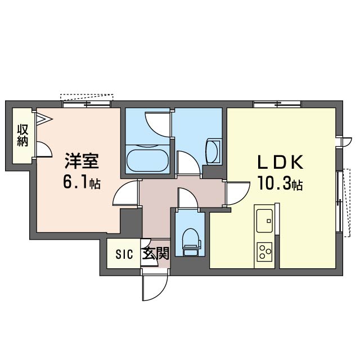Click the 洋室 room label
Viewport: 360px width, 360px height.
(x=82, y=161)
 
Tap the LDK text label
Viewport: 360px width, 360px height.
(x=280, y=162)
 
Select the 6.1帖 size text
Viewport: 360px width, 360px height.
(x=82, y=183)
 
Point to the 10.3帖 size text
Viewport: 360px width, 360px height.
(x=280, y=183)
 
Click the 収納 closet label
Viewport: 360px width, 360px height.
(x=22, y=135)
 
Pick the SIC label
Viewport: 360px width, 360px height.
(x=124, y=254)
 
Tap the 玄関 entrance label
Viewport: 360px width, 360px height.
(x=156, y=254)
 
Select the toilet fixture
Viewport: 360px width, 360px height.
(x=191, y=242)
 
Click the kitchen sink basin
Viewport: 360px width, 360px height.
(x=264, y=220)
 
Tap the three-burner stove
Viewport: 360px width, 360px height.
(x=264, y=251)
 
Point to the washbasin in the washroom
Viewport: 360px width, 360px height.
(x=213, y=151)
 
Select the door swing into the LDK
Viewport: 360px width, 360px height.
(x=238, y=193)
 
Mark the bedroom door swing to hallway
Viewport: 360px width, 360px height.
(x=125, y=192)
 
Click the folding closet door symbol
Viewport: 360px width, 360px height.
(x=44, y=119)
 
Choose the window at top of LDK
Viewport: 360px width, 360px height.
(x=277, y=105)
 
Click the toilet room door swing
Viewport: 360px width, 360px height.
(x=188, y=198)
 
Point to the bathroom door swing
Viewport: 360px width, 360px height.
(x=159, y=124)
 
